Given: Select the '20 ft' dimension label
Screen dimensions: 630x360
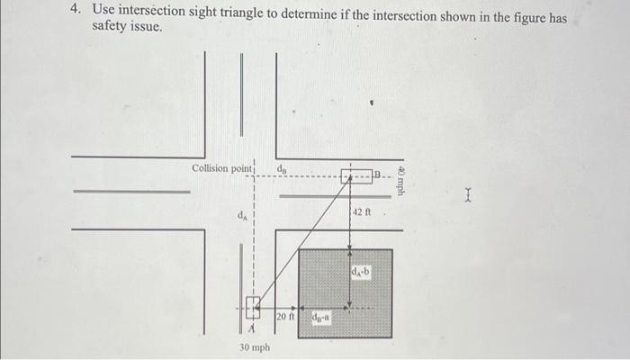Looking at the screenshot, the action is (284, 317).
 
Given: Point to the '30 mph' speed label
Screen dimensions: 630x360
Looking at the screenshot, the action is (255, 346).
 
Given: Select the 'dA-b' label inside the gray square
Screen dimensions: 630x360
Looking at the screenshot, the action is (360, 271).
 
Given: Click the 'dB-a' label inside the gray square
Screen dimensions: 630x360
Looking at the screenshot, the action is (321, 316).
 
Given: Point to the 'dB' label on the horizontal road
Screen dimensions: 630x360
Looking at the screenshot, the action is (282, 166).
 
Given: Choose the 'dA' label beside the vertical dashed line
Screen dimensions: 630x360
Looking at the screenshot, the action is (241, 215).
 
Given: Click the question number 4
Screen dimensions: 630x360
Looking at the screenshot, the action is (76, 11).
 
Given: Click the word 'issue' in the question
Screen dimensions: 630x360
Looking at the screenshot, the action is (149, 28).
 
